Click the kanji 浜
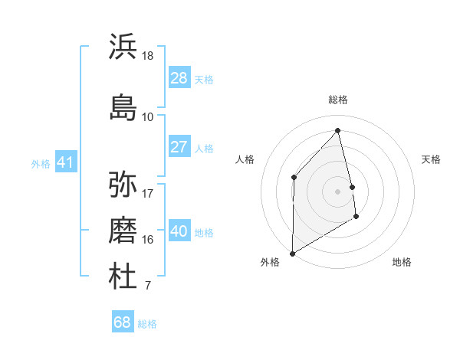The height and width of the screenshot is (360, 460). coord(123,47)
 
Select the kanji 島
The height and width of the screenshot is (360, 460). coord(123,107)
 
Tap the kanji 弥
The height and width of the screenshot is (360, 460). coord(123,185)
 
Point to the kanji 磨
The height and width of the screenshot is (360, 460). coord(123,231)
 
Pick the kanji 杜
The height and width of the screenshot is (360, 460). coord(123,277)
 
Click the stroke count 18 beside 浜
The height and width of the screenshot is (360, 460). coord(148,56)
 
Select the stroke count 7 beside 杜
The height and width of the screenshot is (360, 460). coord(147,286)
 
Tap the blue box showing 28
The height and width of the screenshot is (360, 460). coord(179,78)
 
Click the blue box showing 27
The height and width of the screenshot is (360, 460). coord(179,147)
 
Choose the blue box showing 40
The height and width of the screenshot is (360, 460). coord(179,231)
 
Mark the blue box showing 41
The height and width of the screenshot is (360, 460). coord(65,162)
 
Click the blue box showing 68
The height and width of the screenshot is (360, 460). coord(123,322)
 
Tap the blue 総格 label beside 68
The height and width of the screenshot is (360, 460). coord(147,324)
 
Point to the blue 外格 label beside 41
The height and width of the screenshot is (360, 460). coord(41,163)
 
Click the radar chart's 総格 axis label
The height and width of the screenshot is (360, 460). coord(338,100)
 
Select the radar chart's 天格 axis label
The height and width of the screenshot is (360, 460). coord(431,159)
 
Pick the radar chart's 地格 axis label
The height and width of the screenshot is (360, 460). coord(402,262)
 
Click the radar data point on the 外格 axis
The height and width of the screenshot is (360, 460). coord(292,253)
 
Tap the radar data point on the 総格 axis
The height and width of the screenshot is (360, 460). coord(338,130)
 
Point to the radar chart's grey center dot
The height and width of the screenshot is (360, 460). coord(337,191)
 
